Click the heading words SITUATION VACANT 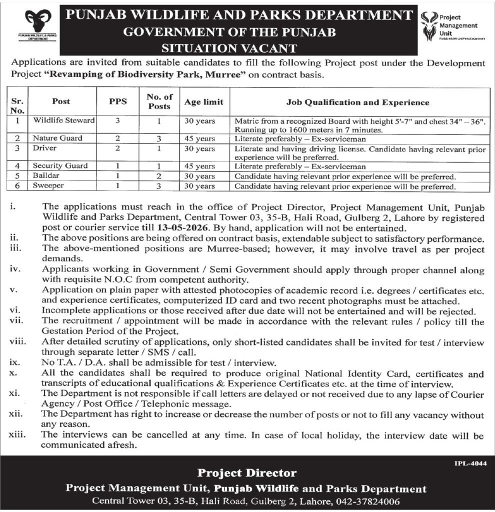point(229,48)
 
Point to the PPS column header point(118,101)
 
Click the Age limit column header point(203,102)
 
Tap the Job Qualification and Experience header point(357,102)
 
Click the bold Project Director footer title point(246,473)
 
